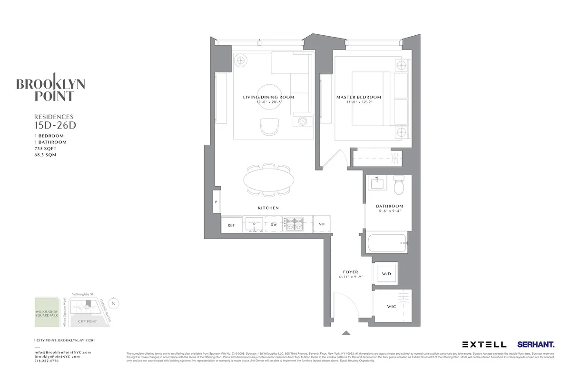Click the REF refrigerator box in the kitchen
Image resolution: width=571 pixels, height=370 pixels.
231,224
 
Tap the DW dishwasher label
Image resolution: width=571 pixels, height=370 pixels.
274,224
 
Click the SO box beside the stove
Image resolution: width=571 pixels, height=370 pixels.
322,224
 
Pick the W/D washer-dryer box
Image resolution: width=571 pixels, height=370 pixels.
386,274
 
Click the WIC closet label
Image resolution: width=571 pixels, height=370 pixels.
392,307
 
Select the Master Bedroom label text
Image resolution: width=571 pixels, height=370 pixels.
359,97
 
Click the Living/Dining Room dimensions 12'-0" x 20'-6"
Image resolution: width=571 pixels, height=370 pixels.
268,102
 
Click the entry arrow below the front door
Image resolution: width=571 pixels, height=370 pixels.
346,333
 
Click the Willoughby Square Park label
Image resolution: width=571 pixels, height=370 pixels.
47,315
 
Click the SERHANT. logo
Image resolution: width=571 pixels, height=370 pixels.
536,344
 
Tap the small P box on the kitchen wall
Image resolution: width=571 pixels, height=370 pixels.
217,202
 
